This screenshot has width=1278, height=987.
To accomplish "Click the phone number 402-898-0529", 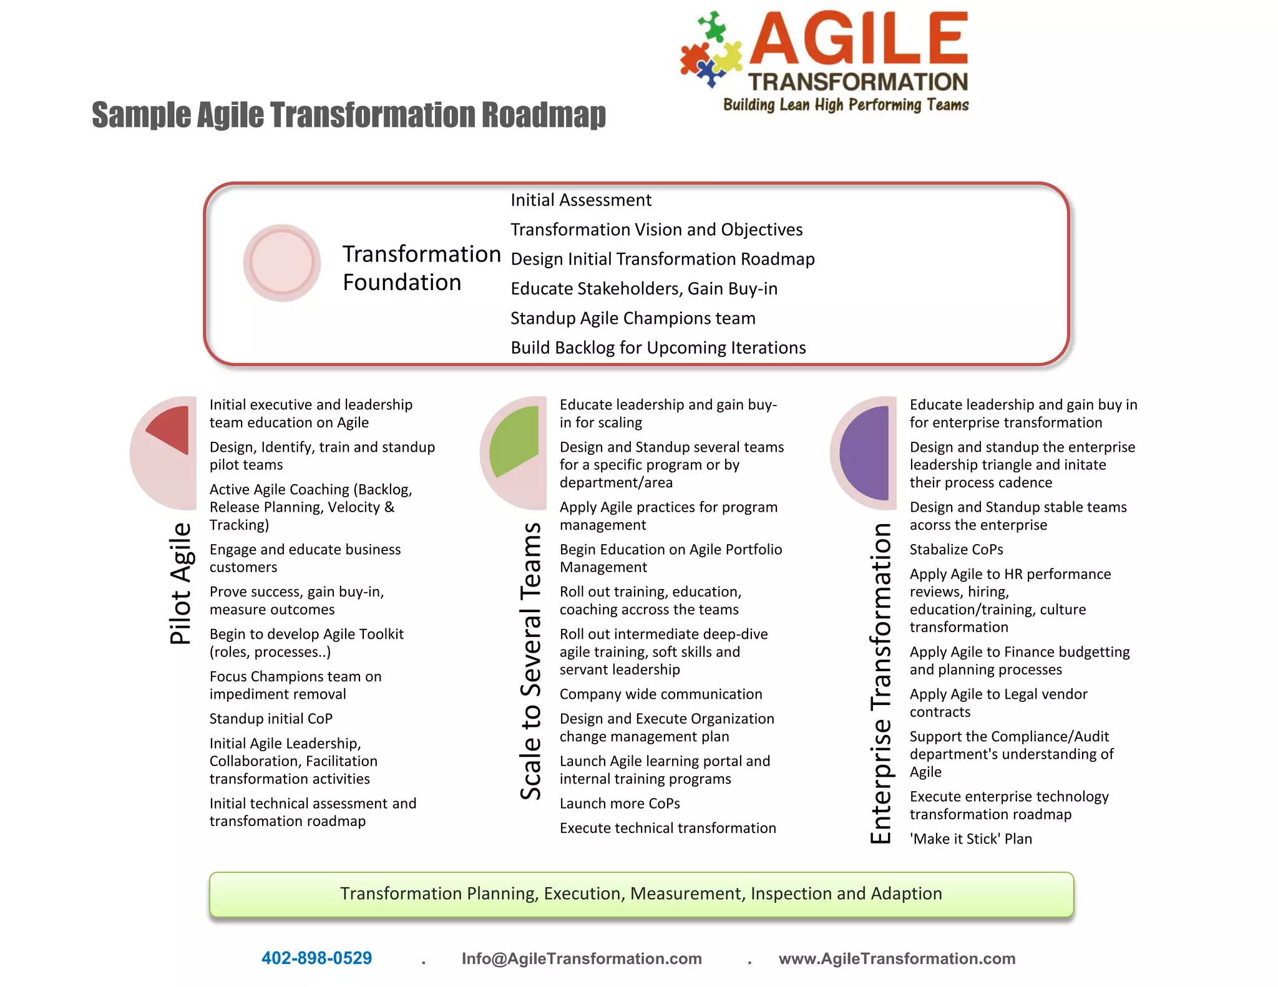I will click(316, 958).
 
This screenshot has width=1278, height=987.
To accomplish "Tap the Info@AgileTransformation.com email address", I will click(582, 958).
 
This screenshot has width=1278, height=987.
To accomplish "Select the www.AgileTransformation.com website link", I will click(897, 958).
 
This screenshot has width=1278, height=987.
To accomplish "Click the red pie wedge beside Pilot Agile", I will click(172, 429).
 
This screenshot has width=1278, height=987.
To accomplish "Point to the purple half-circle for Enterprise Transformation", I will click(866, 453).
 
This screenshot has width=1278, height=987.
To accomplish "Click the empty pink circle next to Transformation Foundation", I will click(282, 263).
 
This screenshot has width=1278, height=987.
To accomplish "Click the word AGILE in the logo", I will click(858, 40).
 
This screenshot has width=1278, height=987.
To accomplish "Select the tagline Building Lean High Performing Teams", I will click(846, 105).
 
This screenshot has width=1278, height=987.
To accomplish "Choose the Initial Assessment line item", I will click(580, 200).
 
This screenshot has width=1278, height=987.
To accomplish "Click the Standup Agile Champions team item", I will click(633, 318).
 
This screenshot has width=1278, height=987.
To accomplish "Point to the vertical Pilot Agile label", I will click(180, 583).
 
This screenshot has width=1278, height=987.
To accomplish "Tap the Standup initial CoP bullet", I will click(271, 719).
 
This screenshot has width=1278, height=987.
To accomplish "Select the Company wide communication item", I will click(661, 694).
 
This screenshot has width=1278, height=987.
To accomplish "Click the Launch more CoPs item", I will click(620, 804).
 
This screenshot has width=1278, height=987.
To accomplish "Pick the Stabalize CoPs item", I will click(956, 550).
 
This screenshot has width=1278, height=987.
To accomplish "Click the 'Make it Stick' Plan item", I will click(970, 839).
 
